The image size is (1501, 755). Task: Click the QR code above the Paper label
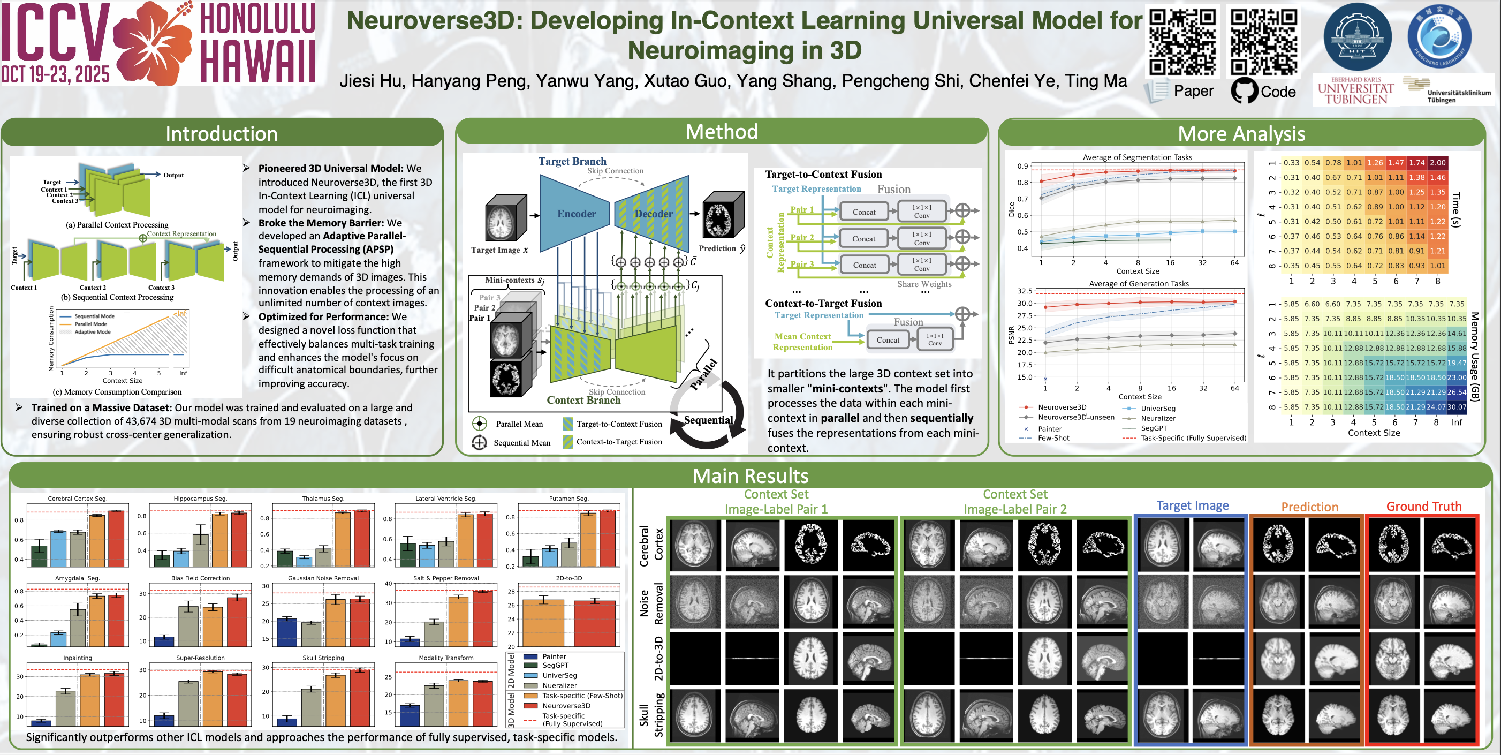pyautogui.click(x=1183, y=41)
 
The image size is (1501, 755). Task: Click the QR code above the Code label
pyautogui.click(x=1263, y=41)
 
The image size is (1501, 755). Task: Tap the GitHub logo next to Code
pyautogui.click(x=1244, y=91)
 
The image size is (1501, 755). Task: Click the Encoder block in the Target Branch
pyautogui.click(x=575, y=214)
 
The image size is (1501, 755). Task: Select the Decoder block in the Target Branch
pyautogui.click(x=653, y=214)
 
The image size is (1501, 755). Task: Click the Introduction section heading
pyautogui.click(x=222, y=133)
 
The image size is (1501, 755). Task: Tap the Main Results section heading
pyautogui.click(x=750, y=475)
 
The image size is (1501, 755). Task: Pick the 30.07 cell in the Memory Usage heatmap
pyautogui.click(x=1456, y=407)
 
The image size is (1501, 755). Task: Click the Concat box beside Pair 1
pyautogui.click(x=863, y=212)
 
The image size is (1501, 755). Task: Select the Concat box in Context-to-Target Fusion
pyautogui.click(x=888, y=340)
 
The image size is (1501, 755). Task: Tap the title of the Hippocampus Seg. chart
pyautogui.click(x=200, y=499)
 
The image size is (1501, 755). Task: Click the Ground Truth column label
pyautogui.click(x=1423, y=506)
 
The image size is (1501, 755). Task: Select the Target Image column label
pyautogui.click(x=1192, y=505)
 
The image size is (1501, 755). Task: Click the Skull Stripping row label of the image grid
pyautogui.click(x=651, y=715)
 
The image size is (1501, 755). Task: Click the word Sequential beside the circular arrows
pyautogui.click(x=708, y=420)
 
